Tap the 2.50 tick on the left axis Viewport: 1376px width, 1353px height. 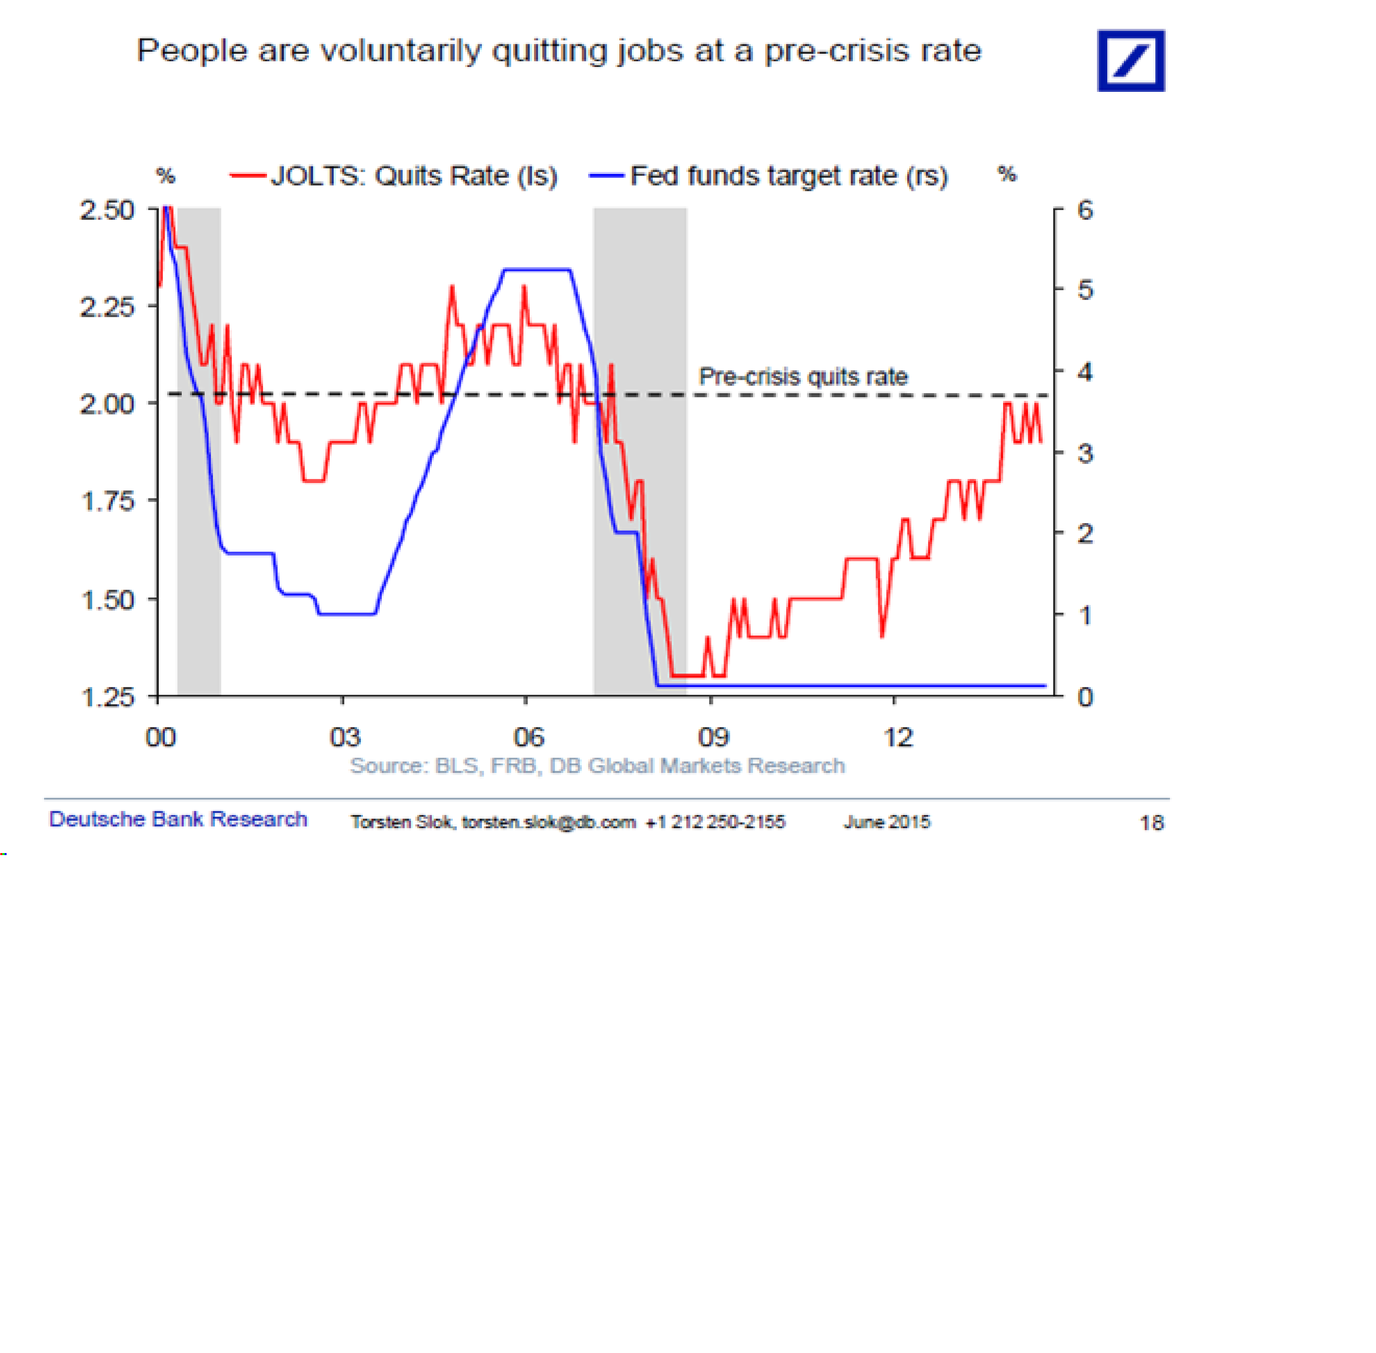click(107, 210)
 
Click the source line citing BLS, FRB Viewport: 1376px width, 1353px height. click(597, 765)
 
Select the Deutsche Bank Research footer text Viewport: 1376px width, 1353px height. click(178, 819)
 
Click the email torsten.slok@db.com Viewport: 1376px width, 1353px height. click(549, 822)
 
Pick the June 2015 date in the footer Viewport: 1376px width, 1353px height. click(886, 822)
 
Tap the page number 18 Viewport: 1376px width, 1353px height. click(1151, 823)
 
